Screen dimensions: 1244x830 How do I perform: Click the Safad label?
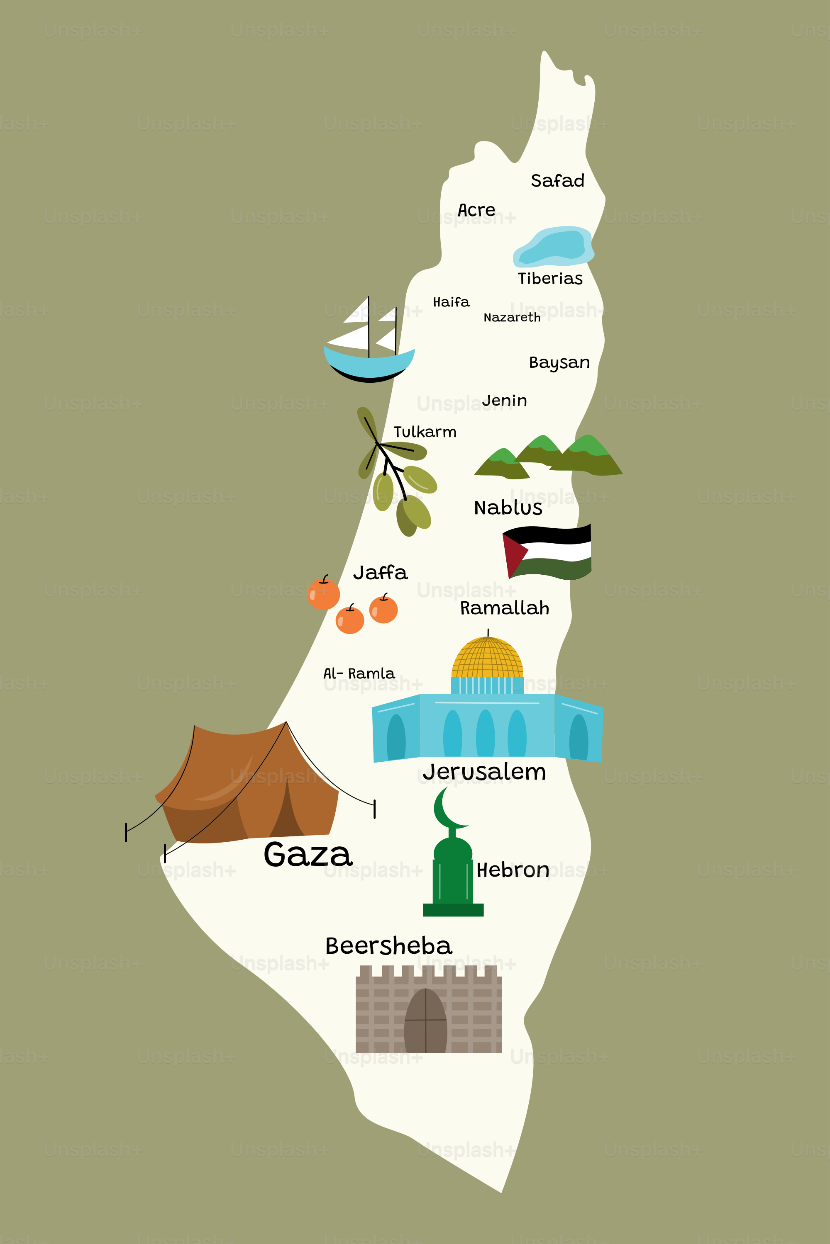coord(557,181)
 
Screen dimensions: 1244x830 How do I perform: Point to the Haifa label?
coord(451,302)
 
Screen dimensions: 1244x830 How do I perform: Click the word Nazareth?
coord(512,317)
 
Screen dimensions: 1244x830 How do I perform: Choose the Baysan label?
coord(559,363)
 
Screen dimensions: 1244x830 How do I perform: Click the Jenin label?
coord(505,401)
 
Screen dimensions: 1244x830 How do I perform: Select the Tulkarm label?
coord(425,432)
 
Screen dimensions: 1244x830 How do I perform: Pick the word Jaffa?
coord(380,573)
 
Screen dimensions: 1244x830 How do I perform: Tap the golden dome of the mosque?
coord(487,658)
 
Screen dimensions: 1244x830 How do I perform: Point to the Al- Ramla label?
coord(359,673)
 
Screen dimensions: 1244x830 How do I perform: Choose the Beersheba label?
coord(388,946)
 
